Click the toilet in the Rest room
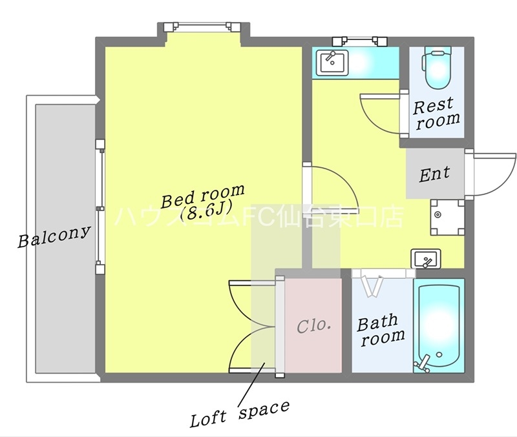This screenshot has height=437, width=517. [x=438, y=67]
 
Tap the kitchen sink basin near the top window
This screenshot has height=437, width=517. [x=332, y=63]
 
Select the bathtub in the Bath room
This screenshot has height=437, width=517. [x=439, y=326]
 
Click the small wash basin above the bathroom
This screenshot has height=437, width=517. [x=426, y=258]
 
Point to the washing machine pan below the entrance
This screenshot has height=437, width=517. [x=447, y=217]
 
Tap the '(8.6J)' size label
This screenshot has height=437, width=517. [x=207, y=211]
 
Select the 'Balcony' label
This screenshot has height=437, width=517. [x=54, y=236]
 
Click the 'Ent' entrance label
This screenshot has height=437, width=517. [x=434, y=174]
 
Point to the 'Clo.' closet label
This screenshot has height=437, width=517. [x=314, y=326]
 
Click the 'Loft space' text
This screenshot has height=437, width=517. [x=240, y=414]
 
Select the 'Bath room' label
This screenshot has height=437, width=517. [x=381, y=330]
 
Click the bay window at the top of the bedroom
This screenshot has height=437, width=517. [x=203, y=26]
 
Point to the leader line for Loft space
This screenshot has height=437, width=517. [x=251, y=383]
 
